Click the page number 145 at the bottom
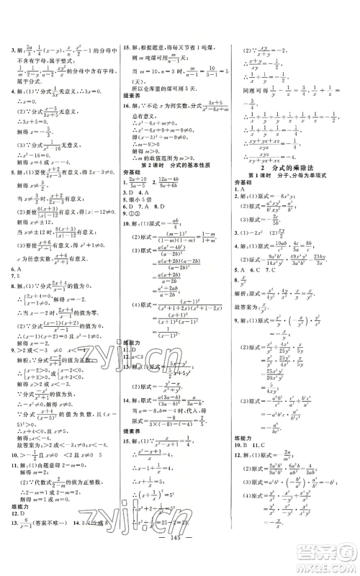point(180,557)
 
